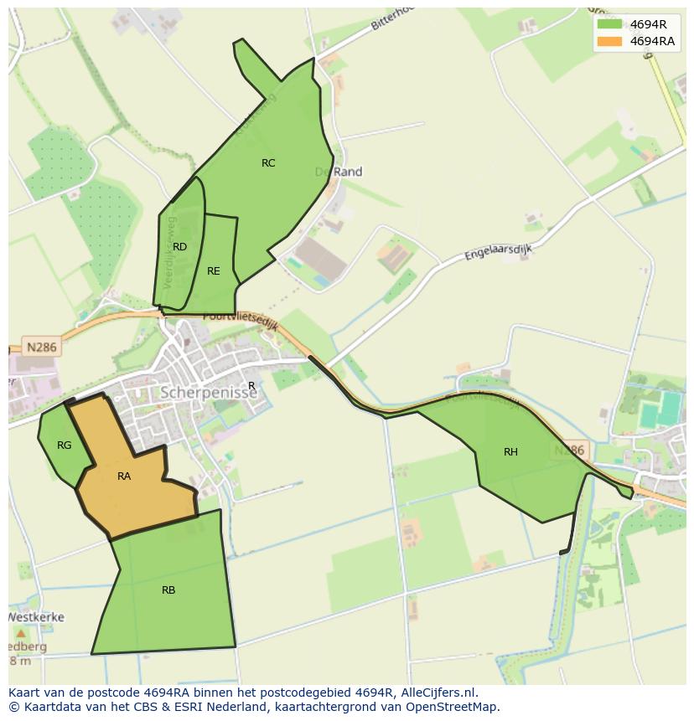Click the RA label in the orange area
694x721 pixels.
(x=124, y=476)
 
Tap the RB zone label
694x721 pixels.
(x=168, y=590)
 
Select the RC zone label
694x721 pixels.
(x=268, y=163)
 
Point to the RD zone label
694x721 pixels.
(x=179, y=247)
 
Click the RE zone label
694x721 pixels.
(x=214, y=271)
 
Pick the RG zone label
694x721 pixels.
(x=65, y=445)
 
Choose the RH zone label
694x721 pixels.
(x=510, y=452)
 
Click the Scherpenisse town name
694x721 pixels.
(x=208, y=393)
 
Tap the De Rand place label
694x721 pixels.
(x=339, y=172)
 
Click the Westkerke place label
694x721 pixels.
(x=36, y=617)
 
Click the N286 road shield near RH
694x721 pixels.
(x=570, y=451)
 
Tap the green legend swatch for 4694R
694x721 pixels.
(x=609, y=24)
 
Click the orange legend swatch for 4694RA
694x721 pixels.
(x=609, y=41)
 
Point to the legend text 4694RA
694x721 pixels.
(x=652, y=41)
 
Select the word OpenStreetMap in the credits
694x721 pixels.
(x=453, y=707)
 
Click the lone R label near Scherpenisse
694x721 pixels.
(x=251, y=386)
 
